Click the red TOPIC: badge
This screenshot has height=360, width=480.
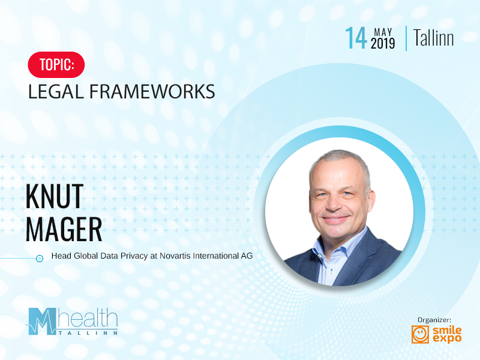[x=56, y=65]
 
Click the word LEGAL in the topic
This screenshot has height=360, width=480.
[x=56, y=92]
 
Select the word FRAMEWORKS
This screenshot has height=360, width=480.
[x=152, y=92]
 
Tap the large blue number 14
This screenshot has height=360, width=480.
[x=356, y=38]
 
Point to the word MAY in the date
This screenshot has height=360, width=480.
[x=383, y=32]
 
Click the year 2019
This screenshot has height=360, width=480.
[x=383, y=43]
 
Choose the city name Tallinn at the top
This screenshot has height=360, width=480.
[x=433, y=38]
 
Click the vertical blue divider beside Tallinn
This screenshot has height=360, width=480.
[x=406, y=38]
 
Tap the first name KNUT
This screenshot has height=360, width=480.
[x=55, y=196]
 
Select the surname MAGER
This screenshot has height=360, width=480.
[x=64, y=229]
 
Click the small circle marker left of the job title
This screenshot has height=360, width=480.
[x=40, y=259]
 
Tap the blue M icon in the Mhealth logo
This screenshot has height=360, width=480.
[x=42, y=321]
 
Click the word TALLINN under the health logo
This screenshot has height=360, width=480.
[x=88, y=333]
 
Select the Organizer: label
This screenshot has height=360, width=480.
[x=434, y=320]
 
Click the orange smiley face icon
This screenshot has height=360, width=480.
[x=420, y=334]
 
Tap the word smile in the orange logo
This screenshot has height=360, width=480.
[x=447, y=330]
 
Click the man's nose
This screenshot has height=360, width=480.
[x=334, y=203]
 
